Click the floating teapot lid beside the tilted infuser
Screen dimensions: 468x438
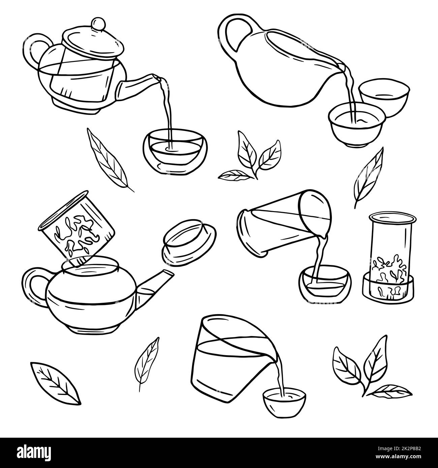point(188,239)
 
